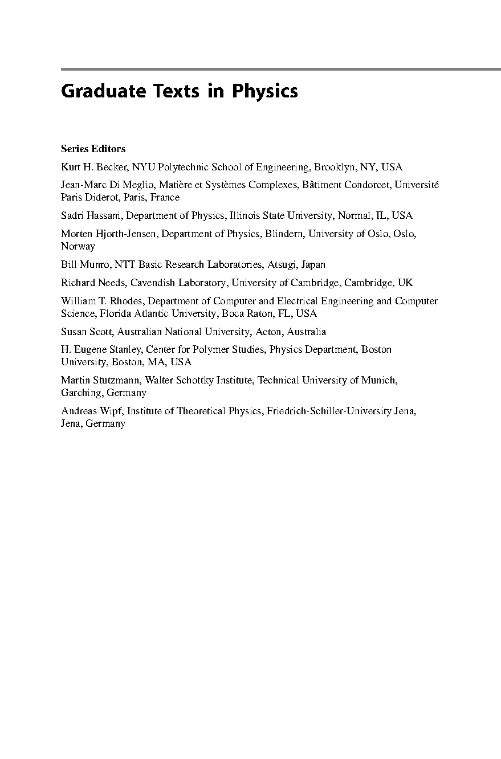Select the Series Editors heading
tap(93, 149)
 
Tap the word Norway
tap(78, 246)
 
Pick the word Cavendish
tap(150, 283)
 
